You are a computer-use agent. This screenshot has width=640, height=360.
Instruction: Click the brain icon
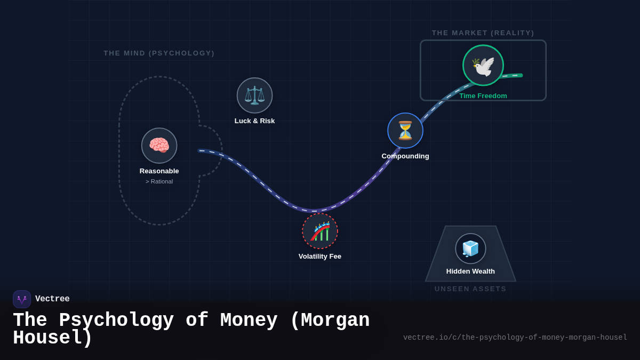pyautogui.click(x=159, y=146)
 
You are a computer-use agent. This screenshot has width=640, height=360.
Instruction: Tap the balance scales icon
pyautogui.click(x=254, y=95)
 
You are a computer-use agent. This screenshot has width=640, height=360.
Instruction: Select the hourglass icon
pyautogui.click(x=405, y=131)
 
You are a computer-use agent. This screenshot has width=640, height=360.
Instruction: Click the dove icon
pyautogui.click(x=483, y=66)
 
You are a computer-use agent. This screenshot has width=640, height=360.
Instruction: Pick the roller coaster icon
pyautogui.click(x=320, y=231)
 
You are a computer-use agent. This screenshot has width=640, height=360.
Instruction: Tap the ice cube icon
pyautogui.click(x=470, y=249)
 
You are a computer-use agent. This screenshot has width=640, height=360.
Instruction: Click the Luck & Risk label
pyautogui.click(x=254, y=121)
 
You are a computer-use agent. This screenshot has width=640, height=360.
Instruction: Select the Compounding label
pyautogui.click(x=405, y=156)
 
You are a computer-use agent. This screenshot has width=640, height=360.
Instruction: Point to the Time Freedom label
pyautogui.click(x=483, y=96)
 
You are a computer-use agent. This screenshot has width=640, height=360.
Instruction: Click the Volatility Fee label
pyautogui.click(x=320, y=257)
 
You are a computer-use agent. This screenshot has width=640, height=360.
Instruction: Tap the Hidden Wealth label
pyautogui.click(x=470, y=271)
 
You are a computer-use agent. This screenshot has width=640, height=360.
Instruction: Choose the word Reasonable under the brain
pyautogui.click(x=159, y=171)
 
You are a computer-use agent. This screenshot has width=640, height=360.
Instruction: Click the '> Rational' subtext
pyautogui.click(x=159, y=181)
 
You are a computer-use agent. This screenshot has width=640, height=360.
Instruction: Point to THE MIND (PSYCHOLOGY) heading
pyautogui.click(x=159, y=53)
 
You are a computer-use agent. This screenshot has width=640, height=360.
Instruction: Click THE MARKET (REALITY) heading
pyautogui.click(x=483, y=33)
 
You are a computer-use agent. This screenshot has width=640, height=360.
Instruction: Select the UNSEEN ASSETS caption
pyautogui.click(x=470, y=289)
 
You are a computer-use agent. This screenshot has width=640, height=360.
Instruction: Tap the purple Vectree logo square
pyautogui.click(x=22, y=299)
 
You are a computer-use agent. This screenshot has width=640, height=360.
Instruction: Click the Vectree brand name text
pyautogui.click(x=52, y=299)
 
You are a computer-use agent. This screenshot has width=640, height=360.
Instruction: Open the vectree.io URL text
pyautogui.click(x=515, y=338)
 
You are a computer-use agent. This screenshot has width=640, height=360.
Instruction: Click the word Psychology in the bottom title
pyautogui.click(x=116, y=321)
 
